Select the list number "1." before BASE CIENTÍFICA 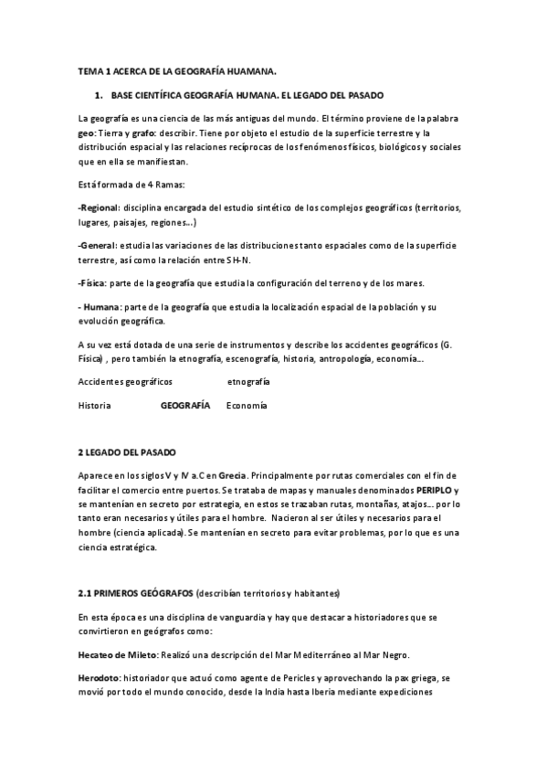pyautogui.click(x=100, y=95)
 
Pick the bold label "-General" pyautogui.click(x=98, y=246)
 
